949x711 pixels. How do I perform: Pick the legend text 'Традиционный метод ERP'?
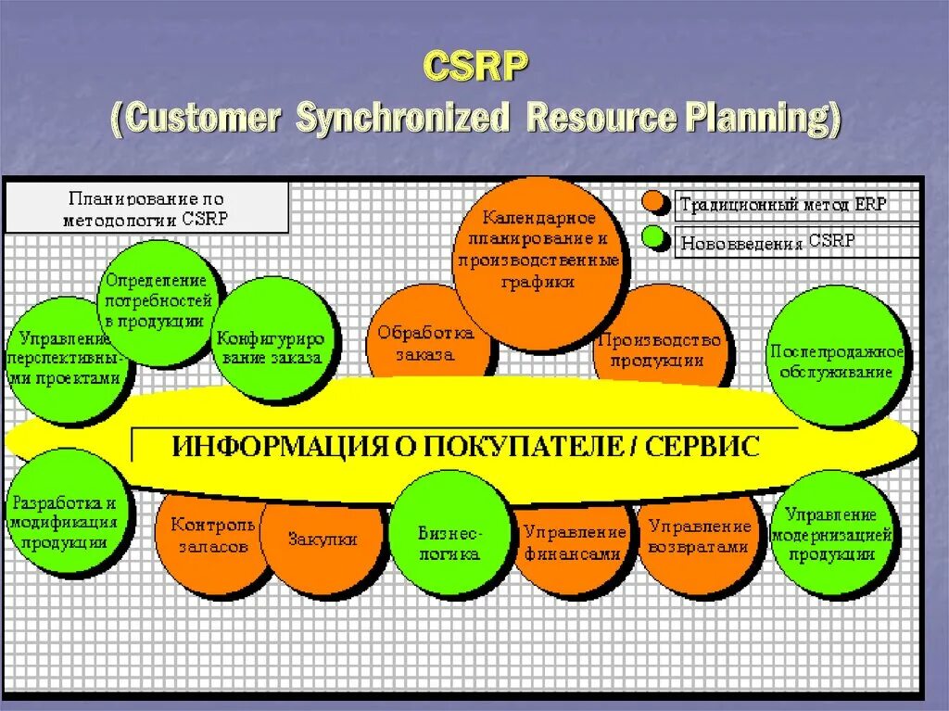783,204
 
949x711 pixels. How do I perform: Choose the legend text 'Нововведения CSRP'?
768,241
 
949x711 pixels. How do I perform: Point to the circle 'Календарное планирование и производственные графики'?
538,250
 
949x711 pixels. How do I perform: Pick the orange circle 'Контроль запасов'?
209,535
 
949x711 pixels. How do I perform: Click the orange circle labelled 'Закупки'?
323,539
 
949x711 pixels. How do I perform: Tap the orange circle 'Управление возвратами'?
697,538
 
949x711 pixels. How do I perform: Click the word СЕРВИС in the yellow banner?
704,446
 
